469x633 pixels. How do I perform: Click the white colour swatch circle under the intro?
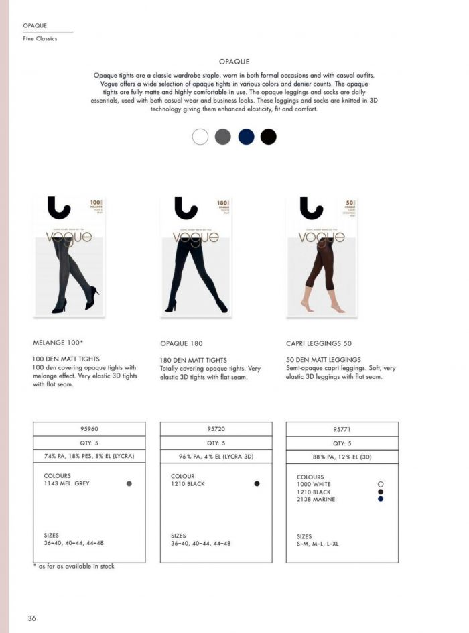tap(200, 137)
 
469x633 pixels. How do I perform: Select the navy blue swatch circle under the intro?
tap(246, 137)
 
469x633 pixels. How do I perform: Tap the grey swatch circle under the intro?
tap(223, 137)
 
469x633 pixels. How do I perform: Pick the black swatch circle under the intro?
tap(269, 137)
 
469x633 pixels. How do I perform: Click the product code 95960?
tap(89, 428)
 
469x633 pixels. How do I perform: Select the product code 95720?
tap(216, 428)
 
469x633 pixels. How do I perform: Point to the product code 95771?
tap(342, 428)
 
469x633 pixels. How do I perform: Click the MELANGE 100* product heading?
tap(58, 342)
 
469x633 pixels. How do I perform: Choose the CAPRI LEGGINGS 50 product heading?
tap(319, 343)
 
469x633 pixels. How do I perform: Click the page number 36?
tap(31, 618)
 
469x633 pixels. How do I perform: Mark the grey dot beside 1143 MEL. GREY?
tap(129, 483)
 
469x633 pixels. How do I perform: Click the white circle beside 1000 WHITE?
tap(381, 484)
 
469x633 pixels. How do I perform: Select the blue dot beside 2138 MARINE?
tap(381, 499)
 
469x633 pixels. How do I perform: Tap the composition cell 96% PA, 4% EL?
tap(216, 457)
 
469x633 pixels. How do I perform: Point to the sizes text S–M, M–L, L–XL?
tap(318, 544)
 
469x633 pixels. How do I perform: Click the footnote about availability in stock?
tap(74, 567)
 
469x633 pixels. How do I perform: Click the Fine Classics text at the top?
tap(40, 39)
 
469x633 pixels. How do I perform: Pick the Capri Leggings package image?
tap(322, 256)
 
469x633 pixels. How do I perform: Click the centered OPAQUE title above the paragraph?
tap(234, 61)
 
